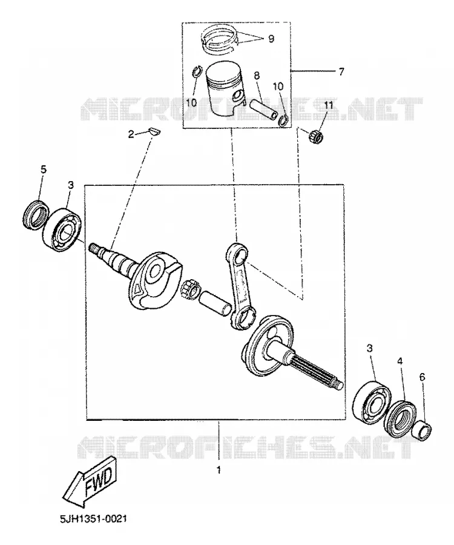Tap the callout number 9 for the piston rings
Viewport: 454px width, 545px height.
(x=271, y=38)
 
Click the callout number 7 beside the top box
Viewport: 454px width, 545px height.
(x=341, y=71)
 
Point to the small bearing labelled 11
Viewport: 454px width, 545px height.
(x=315, y=136)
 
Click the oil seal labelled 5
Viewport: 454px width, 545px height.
(x=35, y=214)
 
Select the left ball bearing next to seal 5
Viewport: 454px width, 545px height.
(x=62, y=230)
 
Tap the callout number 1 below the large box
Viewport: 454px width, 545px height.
(x=219, y=470)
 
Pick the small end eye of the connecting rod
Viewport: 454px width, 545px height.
(x=237, y=253)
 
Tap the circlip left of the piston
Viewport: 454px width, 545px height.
(x=197, y=73)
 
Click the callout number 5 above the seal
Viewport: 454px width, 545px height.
(x=43, y=170)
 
